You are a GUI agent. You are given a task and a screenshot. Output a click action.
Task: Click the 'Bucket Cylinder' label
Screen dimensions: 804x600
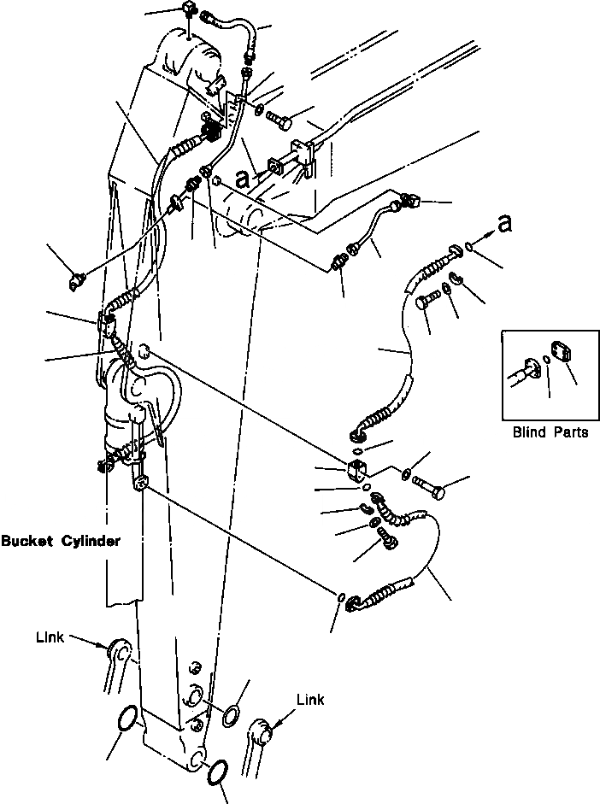click(x=60, y=541)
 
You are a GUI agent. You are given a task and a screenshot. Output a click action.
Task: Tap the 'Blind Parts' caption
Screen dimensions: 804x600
click(x=550, y=432)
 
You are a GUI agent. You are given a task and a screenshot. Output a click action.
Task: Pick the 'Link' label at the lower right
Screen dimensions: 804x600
click(x=310, y=701)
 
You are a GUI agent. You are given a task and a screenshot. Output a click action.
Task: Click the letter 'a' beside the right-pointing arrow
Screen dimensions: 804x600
click(x=506, y=224)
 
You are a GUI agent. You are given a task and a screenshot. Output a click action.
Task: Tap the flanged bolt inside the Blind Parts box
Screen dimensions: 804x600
click(x=524, y=370)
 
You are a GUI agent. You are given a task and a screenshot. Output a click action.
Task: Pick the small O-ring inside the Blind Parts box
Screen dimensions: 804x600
click(x=544, y=359)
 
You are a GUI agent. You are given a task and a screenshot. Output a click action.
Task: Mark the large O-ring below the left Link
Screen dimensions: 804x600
click(x=125, y=719)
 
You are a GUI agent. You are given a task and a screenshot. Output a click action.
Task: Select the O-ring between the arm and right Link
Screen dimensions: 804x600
click(x=232, y=715)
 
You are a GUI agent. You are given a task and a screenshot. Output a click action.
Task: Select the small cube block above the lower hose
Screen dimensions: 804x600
click(x=358, y=468)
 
